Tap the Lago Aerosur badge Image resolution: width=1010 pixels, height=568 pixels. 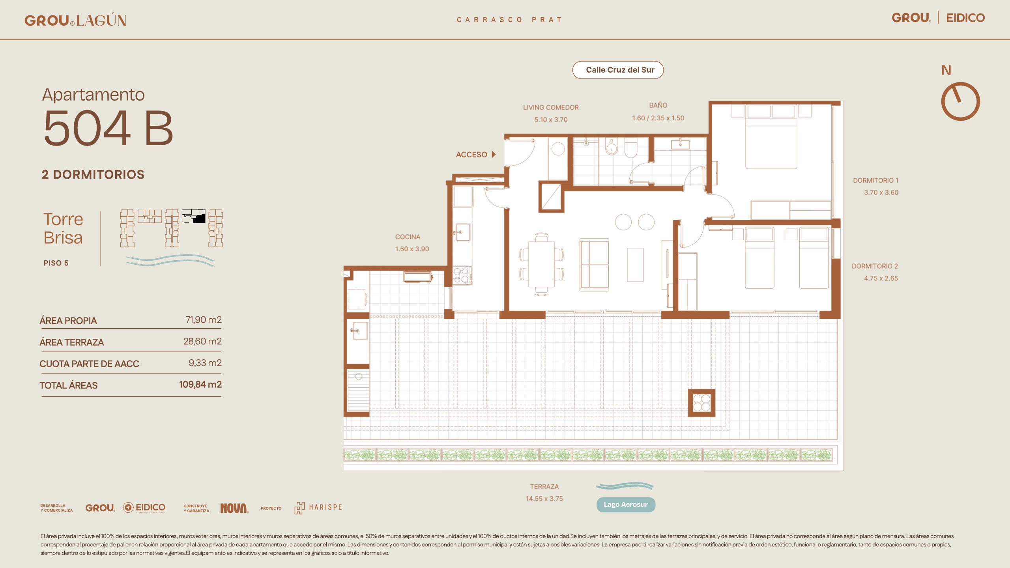click(626, 504)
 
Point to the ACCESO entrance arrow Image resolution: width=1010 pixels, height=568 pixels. click(494, 155)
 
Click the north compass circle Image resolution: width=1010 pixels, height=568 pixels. click(960, 101)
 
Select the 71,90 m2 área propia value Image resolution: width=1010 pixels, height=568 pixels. click(204, 320)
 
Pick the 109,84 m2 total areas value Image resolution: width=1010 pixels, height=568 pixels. click(200, 385)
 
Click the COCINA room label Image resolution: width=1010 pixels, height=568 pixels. click(408, 237)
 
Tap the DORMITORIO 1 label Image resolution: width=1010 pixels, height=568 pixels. click(875, 181)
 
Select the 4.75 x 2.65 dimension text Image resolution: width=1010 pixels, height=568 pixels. click(881, 278)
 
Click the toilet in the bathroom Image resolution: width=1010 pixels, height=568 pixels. click(631, 148)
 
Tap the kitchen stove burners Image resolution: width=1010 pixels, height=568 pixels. click(461, 275)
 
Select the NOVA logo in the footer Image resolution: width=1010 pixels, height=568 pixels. click(234, 508)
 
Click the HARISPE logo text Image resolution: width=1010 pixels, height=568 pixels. click(325, 508)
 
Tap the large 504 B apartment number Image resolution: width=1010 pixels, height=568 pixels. click(108, 128)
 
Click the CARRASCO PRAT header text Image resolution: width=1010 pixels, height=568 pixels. click(509, 20)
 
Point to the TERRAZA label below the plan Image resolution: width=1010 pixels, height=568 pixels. click(544, 487)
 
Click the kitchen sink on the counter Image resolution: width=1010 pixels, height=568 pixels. click(462, 232)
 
